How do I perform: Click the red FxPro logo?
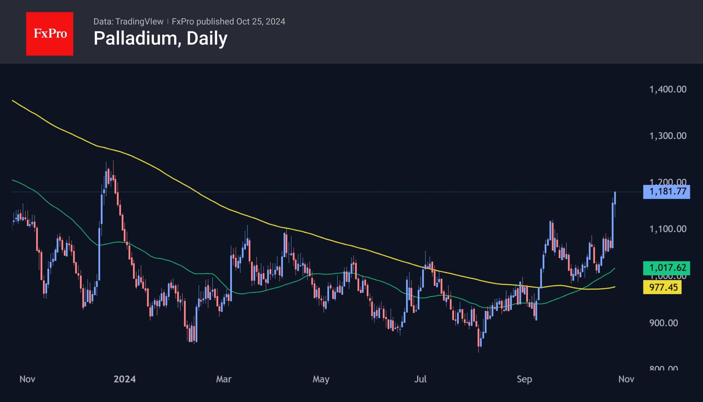(50, 34)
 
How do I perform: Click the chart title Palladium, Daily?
(160, 38)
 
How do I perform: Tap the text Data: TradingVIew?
(128, 22)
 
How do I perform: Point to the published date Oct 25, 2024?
(260, 22)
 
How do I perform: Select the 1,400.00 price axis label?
(668, 89)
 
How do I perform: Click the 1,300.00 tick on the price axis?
(668, 136)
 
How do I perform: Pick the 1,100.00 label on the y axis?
(668, 229)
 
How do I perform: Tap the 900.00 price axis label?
(663, 323)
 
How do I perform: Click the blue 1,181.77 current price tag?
(666, 192)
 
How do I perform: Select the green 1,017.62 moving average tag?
(666, 268)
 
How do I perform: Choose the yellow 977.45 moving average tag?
(662, 287)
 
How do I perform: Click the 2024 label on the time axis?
(125, 379)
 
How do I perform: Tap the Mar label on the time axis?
(224, 379)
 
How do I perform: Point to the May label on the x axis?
(321, 379)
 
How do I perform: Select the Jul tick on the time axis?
(420, 379)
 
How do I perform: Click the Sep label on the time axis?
(524, 379)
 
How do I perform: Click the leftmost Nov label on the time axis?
(27, 379)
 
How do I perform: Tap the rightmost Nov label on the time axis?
(626, 379)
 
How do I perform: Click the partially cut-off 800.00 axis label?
(663, 368)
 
